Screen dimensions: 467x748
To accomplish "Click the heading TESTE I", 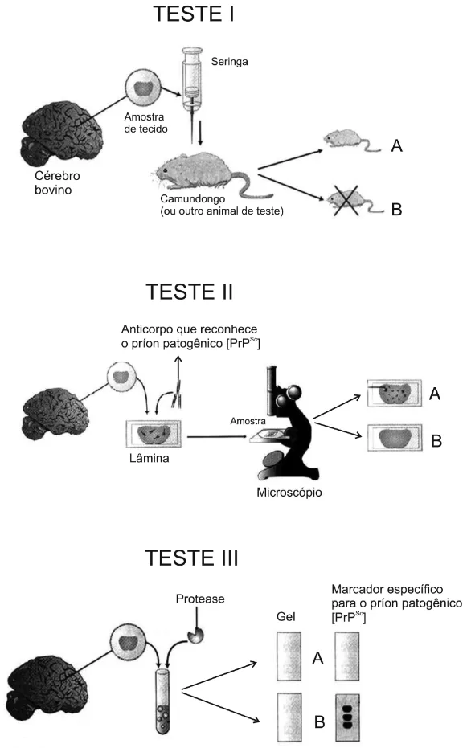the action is coord(194,14).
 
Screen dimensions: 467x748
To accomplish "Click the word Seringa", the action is coord(229,62).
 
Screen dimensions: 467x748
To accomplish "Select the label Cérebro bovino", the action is coord(57,182).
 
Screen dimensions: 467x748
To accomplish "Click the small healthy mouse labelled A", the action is coord(350,140).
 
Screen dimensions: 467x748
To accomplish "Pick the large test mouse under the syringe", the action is coord(210,174).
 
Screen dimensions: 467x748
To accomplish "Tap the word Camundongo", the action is coord(192,198).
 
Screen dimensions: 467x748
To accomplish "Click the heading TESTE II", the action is coord(190,292).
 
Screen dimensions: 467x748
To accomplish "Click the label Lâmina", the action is coord(149,458).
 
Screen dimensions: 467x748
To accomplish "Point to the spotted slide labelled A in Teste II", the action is coord(394,393).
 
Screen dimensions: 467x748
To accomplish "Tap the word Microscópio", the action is coord(289,492).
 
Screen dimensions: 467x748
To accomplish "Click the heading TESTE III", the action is coord(192,558).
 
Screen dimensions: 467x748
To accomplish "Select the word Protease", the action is coord(200,599).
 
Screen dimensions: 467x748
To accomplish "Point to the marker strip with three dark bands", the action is coord(347,717).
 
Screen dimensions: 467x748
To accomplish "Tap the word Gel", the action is coord(285,616).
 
